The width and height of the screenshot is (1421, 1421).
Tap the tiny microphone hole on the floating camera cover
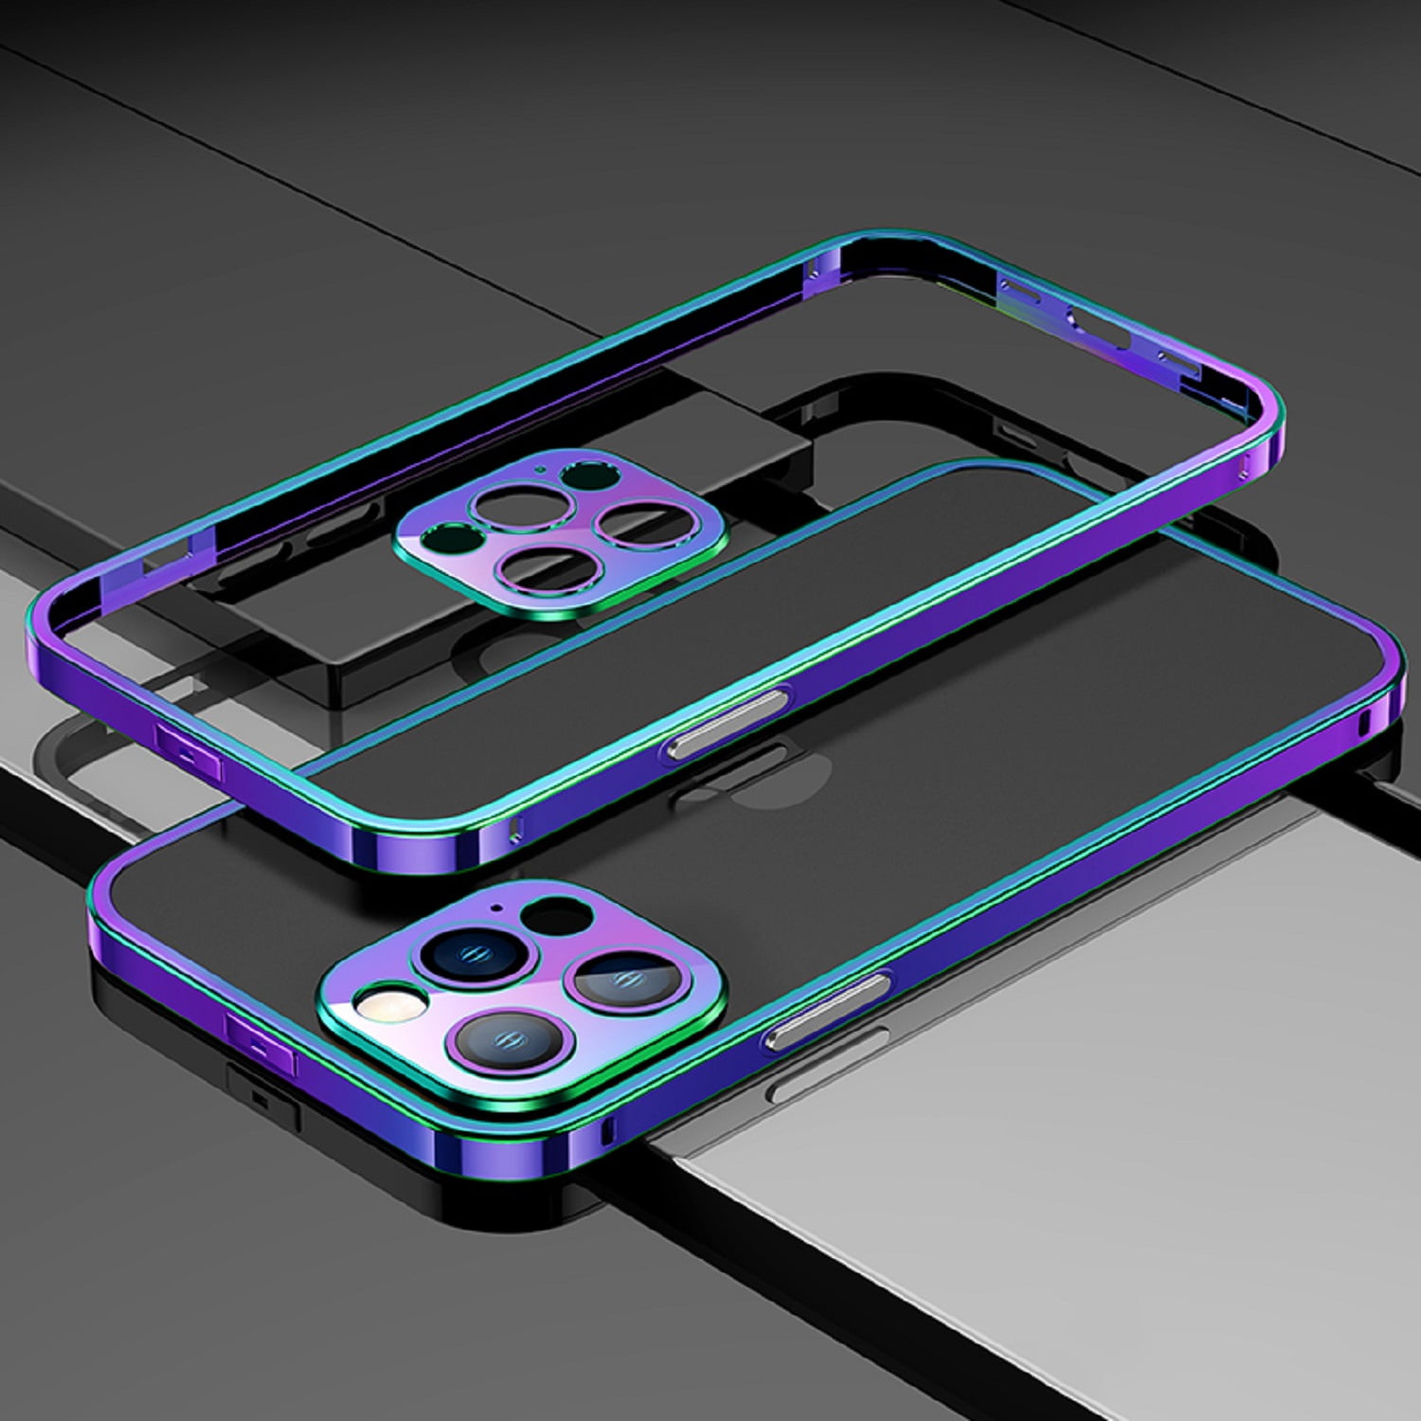pos(541,467)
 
